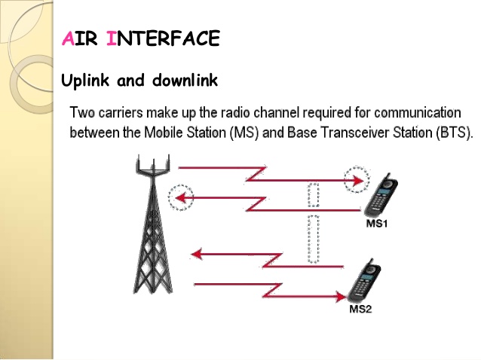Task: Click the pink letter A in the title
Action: tap(68, 38)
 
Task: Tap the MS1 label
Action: tap(376, 224)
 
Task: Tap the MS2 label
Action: tap(360, 309)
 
